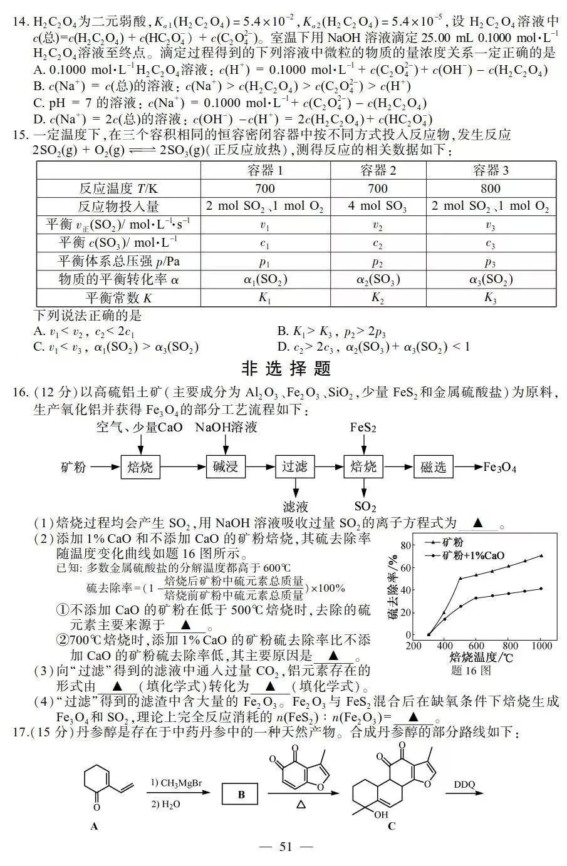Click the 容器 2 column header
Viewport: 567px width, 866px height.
coord(378,170)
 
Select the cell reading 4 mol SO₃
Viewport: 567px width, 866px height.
coord(378,206)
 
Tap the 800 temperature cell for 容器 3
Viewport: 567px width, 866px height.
coord(491,188)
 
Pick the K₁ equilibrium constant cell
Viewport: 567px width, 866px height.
coord(265,297)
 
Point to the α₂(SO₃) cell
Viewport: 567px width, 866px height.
coord(378,279)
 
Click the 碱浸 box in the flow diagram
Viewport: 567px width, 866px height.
coord(224,466)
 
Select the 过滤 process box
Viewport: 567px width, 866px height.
coord(294,466)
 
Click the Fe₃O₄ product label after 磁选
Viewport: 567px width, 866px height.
coord(499,467)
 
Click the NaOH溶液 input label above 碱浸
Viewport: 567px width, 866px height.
coord(226,428)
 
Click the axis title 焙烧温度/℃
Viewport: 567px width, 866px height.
coord(481,657)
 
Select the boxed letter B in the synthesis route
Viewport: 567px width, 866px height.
coord(241,795)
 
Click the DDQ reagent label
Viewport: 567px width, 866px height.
coord(464,784)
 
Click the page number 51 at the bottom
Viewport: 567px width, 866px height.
coord(286,847)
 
